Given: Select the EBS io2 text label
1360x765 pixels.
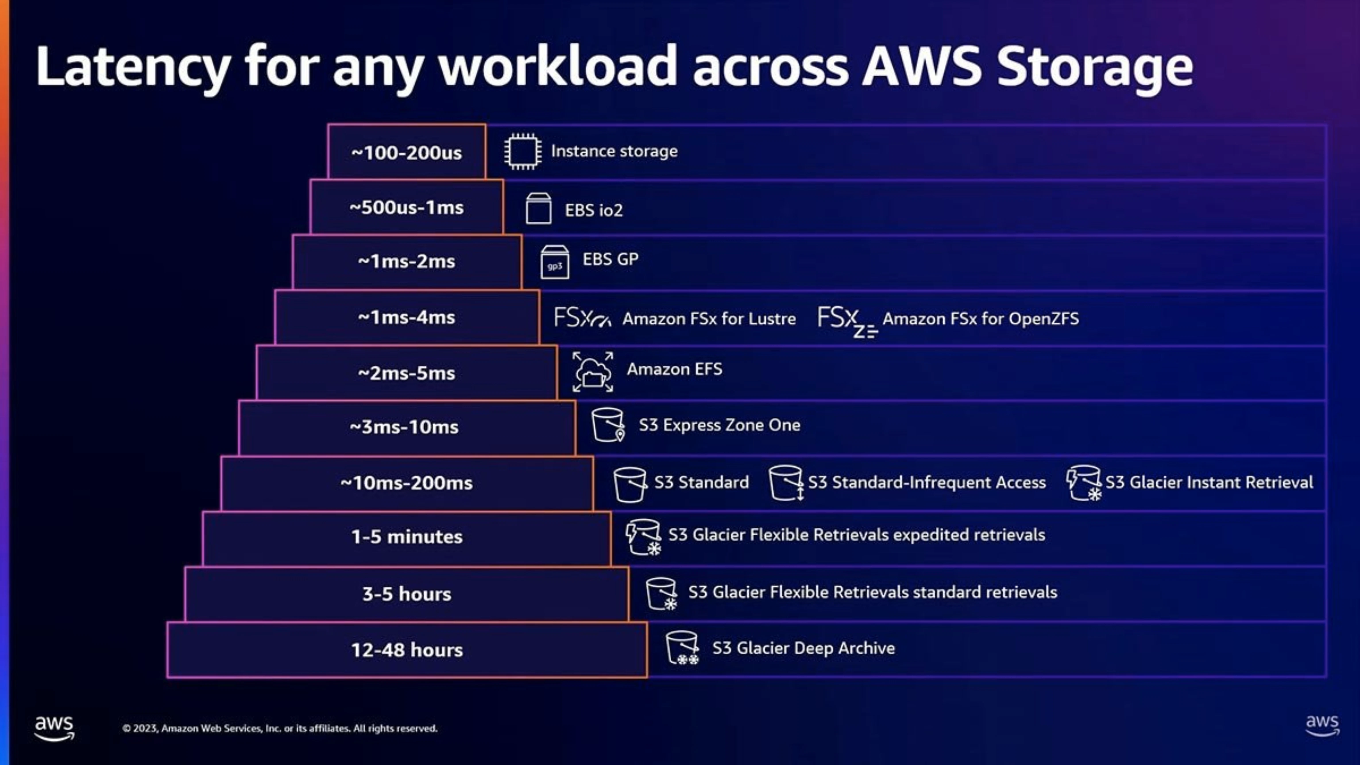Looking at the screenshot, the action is [594, 210].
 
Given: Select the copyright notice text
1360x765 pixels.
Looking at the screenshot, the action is [280, 728].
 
